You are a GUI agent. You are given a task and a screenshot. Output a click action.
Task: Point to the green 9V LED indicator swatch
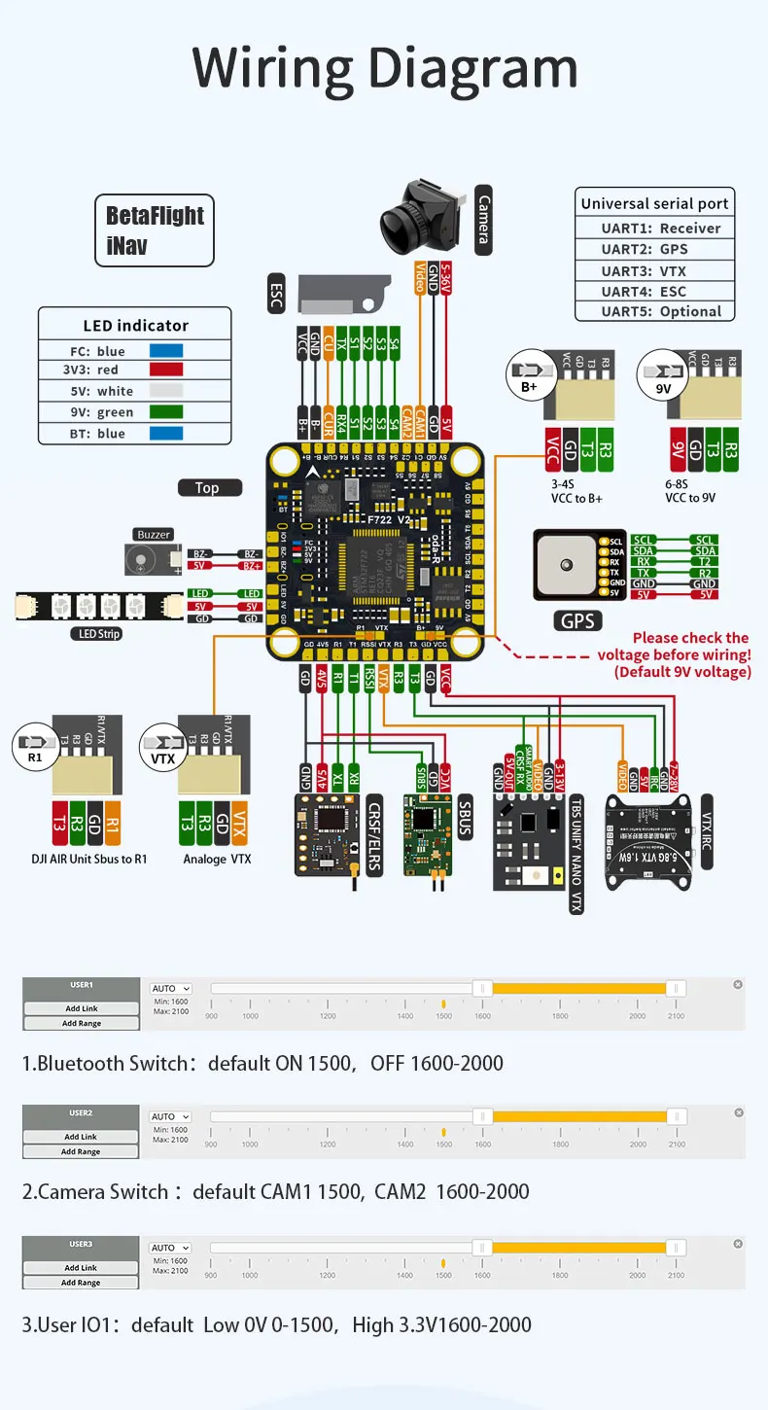[x=165, y=412]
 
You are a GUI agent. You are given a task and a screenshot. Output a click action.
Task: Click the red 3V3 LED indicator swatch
[x=165, y=370]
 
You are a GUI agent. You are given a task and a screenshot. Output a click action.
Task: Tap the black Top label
[x=209, y=488]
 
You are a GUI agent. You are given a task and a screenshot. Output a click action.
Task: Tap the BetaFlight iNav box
[x=155, y=230]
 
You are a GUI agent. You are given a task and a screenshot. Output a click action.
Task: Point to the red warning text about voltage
[x=685, y=654]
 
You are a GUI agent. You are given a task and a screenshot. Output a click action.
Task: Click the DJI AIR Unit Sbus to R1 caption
[x=89, y=859]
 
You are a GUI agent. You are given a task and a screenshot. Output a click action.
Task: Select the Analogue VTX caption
[x=217, y=859]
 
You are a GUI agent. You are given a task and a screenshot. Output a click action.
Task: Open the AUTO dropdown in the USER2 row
[x=170, y=1116]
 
